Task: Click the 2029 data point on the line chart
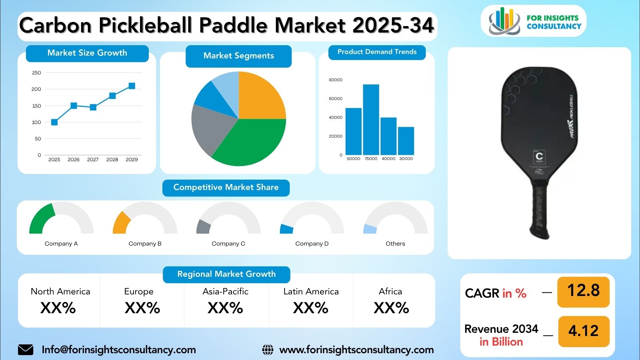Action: tap(132, 86)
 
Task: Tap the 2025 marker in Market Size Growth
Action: tap(54, 122)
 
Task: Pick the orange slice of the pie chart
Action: tap(260, 98)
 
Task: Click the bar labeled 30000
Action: tap(406, 141)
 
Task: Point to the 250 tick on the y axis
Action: tap(36, 73)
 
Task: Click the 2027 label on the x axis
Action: tap(93, 159)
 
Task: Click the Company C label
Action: tap(228, 244)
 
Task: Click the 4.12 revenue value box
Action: tap(583, 331)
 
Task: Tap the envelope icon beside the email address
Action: tap(26, 350)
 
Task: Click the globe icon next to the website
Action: tap(268, 350)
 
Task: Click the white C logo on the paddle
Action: tap(539, 156)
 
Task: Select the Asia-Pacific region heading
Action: tap(225, 292)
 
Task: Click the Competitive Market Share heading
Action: tap(226, 187)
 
